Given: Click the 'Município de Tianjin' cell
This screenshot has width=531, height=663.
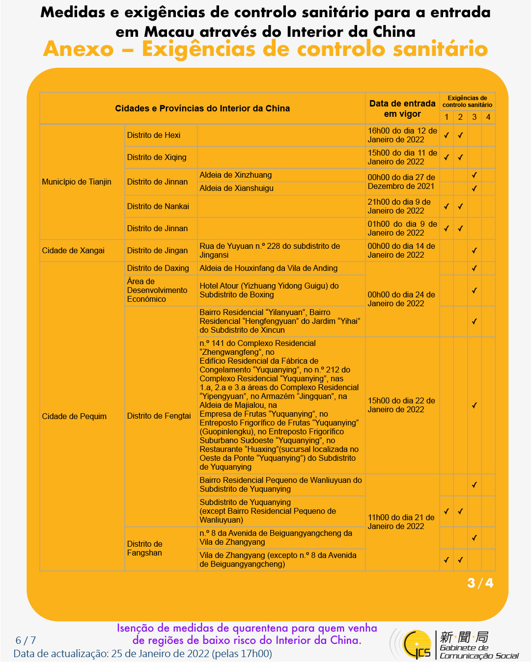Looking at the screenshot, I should pos(77,182).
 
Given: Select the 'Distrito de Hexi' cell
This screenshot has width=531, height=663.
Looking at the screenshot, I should pos(154,135).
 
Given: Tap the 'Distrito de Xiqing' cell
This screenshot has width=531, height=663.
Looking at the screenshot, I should pos(157,157).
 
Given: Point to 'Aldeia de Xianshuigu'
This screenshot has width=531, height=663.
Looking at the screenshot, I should pos(236,188).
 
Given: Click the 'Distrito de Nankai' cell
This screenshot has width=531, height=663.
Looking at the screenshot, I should pos(158,206).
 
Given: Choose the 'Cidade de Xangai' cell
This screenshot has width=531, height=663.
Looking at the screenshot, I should pos(73,250).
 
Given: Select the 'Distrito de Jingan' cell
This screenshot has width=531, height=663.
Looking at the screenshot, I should pos(157,250).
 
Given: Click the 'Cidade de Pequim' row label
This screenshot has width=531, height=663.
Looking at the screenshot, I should pos(74,416).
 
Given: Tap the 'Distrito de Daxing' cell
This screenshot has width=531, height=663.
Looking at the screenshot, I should pos(158,268).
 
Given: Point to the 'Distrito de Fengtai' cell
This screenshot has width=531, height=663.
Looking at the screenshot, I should pos(159,416).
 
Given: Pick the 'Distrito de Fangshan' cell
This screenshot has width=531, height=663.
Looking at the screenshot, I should pos(144,548).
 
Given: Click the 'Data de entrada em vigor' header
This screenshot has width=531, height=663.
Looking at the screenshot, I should pos(402,108).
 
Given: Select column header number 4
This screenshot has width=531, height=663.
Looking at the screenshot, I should pos(488,117).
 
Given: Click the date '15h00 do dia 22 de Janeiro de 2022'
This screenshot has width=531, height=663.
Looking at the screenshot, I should pos(401,405).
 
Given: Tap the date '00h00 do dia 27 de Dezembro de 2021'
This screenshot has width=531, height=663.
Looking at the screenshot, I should pos(401,182).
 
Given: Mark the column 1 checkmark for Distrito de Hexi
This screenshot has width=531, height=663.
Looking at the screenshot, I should pos(447,135).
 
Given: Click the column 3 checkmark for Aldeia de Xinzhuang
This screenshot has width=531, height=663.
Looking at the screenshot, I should pos(475,175).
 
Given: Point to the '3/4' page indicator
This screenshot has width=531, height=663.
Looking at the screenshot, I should pos(480,583).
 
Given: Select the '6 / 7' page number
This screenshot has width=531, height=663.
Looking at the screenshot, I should pos(26,640).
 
